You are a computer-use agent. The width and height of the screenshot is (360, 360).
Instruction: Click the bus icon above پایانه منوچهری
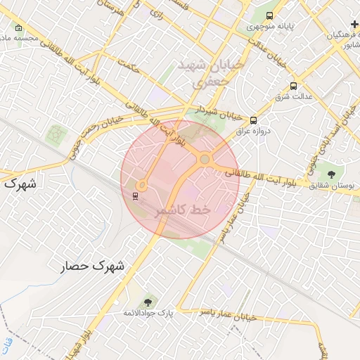point(270,16)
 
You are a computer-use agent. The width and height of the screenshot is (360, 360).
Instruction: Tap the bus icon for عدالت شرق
point(292,86)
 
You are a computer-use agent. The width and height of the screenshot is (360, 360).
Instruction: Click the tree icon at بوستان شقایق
point(330,173)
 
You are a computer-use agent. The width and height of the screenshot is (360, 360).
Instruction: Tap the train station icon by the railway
point(135,195)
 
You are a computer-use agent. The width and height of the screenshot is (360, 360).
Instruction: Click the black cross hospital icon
point(354,24)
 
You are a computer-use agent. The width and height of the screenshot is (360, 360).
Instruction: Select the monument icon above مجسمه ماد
point(18,28)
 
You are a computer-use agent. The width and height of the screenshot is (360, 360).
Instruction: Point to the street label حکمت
point(127,67)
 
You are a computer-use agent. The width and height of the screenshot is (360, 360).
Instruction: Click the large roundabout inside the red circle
point(204,160)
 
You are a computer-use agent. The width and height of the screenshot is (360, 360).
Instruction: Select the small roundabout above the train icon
point(141,186)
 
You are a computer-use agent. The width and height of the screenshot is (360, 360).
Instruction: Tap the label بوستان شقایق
point(330,184)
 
